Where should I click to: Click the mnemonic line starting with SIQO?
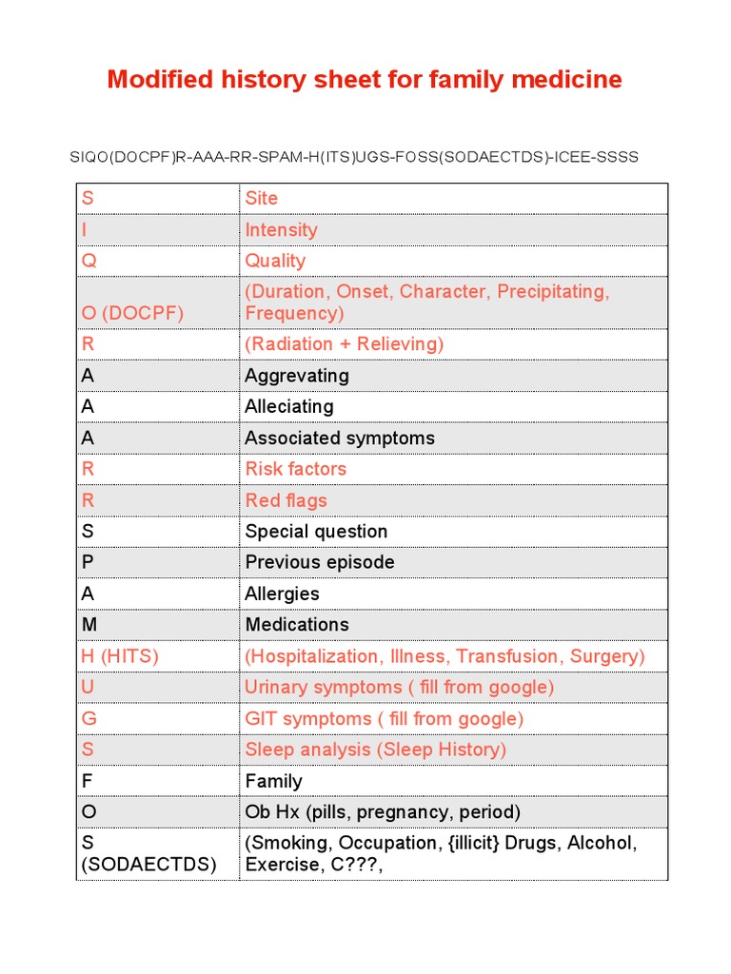click(354, 157)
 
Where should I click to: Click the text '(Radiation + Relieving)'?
click(344, 343)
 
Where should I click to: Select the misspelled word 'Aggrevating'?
click(297, 375)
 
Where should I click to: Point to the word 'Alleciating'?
click(289, 406)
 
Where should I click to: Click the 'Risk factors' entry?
click(295, 468)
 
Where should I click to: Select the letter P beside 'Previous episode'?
click(88, 562)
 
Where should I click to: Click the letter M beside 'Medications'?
click(89, 624)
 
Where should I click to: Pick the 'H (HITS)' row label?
click(120, 655)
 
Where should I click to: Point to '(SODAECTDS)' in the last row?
click(149, 865)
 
